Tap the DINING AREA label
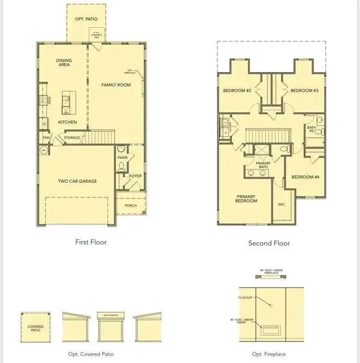coord(64,63)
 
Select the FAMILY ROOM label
coord(116,85)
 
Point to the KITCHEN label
coord(67,122)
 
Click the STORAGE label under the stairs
coord(72,137)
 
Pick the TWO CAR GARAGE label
coord(77,181)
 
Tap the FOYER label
coord(135,176)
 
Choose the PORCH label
coord(131,205)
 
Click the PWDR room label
coord(122,157)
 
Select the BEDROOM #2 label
coord(237,91)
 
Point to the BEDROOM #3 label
coord(304,91)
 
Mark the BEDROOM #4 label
coord(305,177)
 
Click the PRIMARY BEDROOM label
coord(246,199)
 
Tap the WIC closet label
coord(282,204)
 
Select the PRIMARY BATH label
coord(263,165)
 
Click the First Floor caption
coord(91,242)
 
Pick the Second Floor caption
coord(269,243)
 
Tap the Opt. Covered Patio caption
coord(91,354)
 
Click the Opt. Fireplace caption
coord(269,354)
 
